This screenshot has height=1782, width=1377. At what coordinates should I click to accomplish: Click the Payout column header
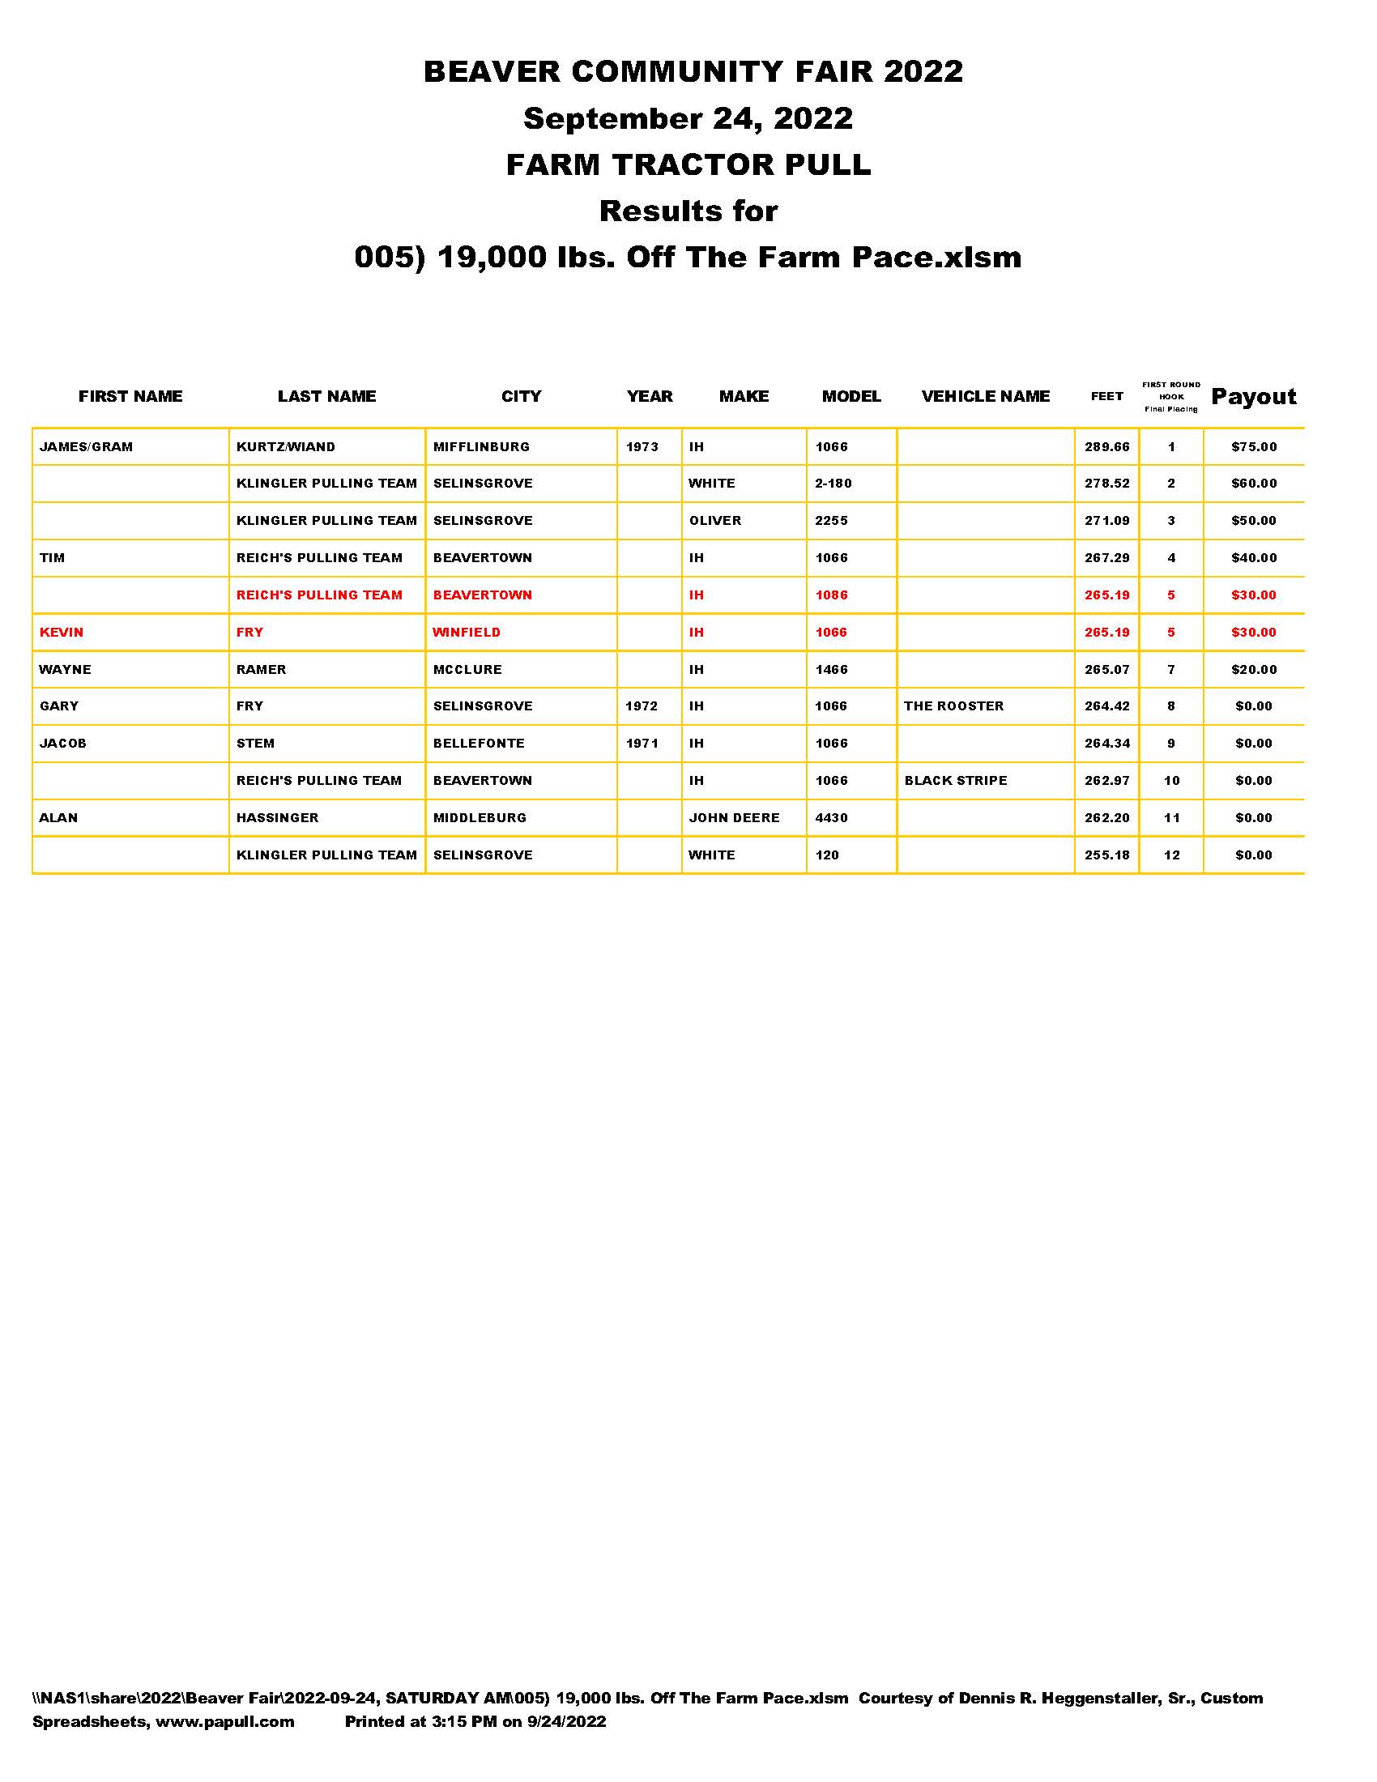pyautogui.click(x=1253, y=397)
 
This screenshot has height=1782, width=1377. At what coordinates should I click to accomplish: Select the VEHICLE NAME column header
pyautogui.click(x=986, y=397)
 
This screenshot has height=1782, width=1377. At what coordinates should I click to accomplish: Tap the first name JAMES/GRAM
pyautogui.click(x=86, y=447)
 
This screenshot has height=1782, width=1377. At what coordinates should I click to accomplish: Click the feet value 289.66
pyautogui.click(x=1106, y=447)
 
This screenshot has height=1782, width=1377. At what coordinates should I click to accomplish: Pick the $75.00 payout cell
pyautogui.click(x=1254, y=447)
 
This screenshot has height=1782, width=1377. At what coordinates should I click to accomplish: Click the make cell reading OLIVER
pyautogui.click(x=714, y=521)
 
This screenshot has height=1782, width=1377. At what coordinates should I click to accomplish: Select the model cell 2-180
pyautogui.click(x=833, y=483)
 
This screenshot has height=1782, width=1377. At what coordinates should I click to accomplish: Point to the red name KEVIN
pyautogui.click(x=62, y=633)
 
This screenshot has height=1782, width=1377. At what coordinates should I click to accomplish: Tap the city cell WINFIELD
pyautogui.click(x=467, y=633)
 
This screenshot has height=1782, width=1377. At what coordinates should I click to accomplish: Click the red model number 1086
pyautogui.click(x=831, y=595)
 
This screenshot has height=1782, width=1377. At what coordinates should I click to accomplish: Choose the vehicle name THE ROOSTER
pyautogui.click(x=953, y=706)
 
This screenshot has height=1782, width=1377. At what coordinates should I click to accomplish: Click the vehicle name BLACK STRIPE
pyautogui.click(x=955, y=780)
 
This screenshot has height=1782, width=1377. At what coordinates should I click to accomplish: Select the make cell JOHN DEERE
pyautogui.click(x=734, y=817)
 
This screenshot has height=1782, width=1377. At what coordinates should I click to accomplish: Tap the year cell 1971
pyautogui.click(x=642, y=744)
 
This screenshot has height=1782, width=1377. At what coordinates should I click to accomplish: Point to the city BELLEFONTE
pyautogui.click(x=479, y=744)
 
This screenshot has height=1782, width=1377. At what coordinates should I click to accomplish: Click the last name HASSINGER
pyautogui.click(x=277, y=817)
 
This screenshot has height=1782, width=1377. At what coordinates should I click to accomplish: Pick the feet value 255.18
pyautogui.click(x=1106, y=855)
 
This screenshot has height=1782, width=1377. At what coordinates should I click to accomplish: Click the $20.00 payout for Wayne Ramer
pyautogui.click(x=1254, y=669)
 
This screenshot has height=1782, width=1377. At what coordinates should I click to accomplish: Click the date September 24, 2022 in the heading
pyautogui.click(x=688, y=118)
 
